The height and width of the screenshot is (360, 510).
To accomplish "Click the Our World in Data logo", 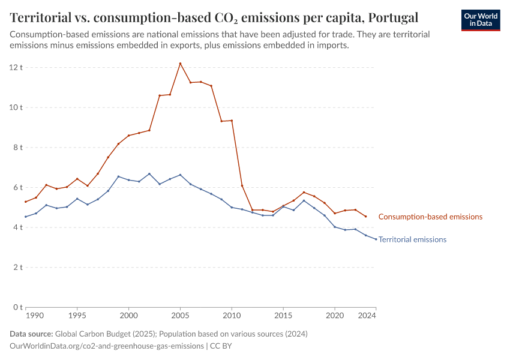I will coord(481,20).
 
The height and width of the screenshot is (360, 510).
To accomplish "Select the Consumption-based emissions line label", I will coord(430,217).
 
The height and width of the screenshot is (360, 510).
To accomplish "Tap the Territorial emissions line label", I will coord(413,239).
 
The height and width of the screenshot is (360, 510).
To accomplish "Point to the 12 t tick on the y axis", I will coord(16,67).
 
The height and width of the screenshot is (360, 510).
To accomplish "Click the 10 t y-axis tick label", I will coord(16,107).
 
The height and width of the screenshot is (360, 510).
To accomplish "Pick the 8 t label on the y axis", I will coord(17,148).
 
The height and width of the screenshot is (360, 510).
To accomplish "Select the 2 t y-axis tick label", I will coord(17,268).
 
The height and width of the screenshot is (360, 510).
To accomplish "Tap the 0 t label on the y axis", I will coord(17,307).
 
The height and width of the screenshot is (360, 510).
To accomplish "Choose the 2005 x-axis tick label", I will coord(180,315).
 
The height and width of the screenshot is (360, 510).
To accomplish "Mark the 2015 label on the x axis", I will coord(283,315).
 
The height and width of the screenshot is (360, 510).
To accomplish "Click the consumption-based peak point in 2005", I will coord(180,64).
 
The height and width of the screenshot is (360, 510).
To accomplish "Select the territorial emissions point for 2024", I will coord(376,239).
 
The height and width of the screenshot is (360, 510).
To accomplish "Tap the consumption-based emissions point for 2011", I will coord(242,186).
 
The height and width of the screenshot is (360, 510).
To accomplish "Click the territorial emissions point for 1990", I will coord(26,217).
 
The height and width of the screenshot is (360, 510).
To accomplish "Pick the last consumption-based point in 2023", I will coord(366,217).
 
